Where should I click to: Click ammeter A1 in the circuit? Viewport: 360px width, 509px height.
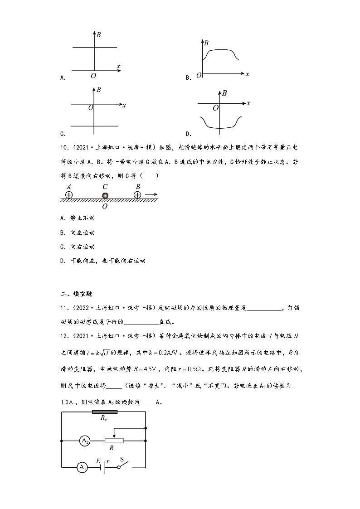tap(82, 467)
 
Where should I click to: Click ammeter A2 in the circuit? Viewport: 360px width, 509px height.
tap(84, 440)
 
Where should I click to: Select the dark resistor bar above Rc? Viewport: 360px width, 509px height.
tap(104, 412)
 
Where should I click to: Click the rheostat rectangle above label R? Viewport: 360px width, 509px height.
tap(114, 440)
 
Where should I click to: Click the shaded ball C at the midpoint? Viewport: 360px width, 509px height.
tap(105, 195)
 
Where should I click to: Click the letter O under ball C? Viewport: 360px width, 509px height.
tap(105, 206)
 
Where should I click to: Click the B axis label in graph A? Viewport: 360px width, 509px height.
tap(98, 34)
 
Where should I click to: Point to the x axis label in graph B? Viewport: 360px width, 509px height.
tap(247, 73)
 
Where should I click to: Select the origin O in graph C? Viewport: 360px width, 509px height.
tap(91, 107)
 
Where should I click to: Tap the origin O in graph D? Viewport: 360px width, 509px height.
tap(215, 108)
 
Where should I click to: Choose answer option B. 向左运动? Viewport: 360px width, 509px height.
tap(77, 233)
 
